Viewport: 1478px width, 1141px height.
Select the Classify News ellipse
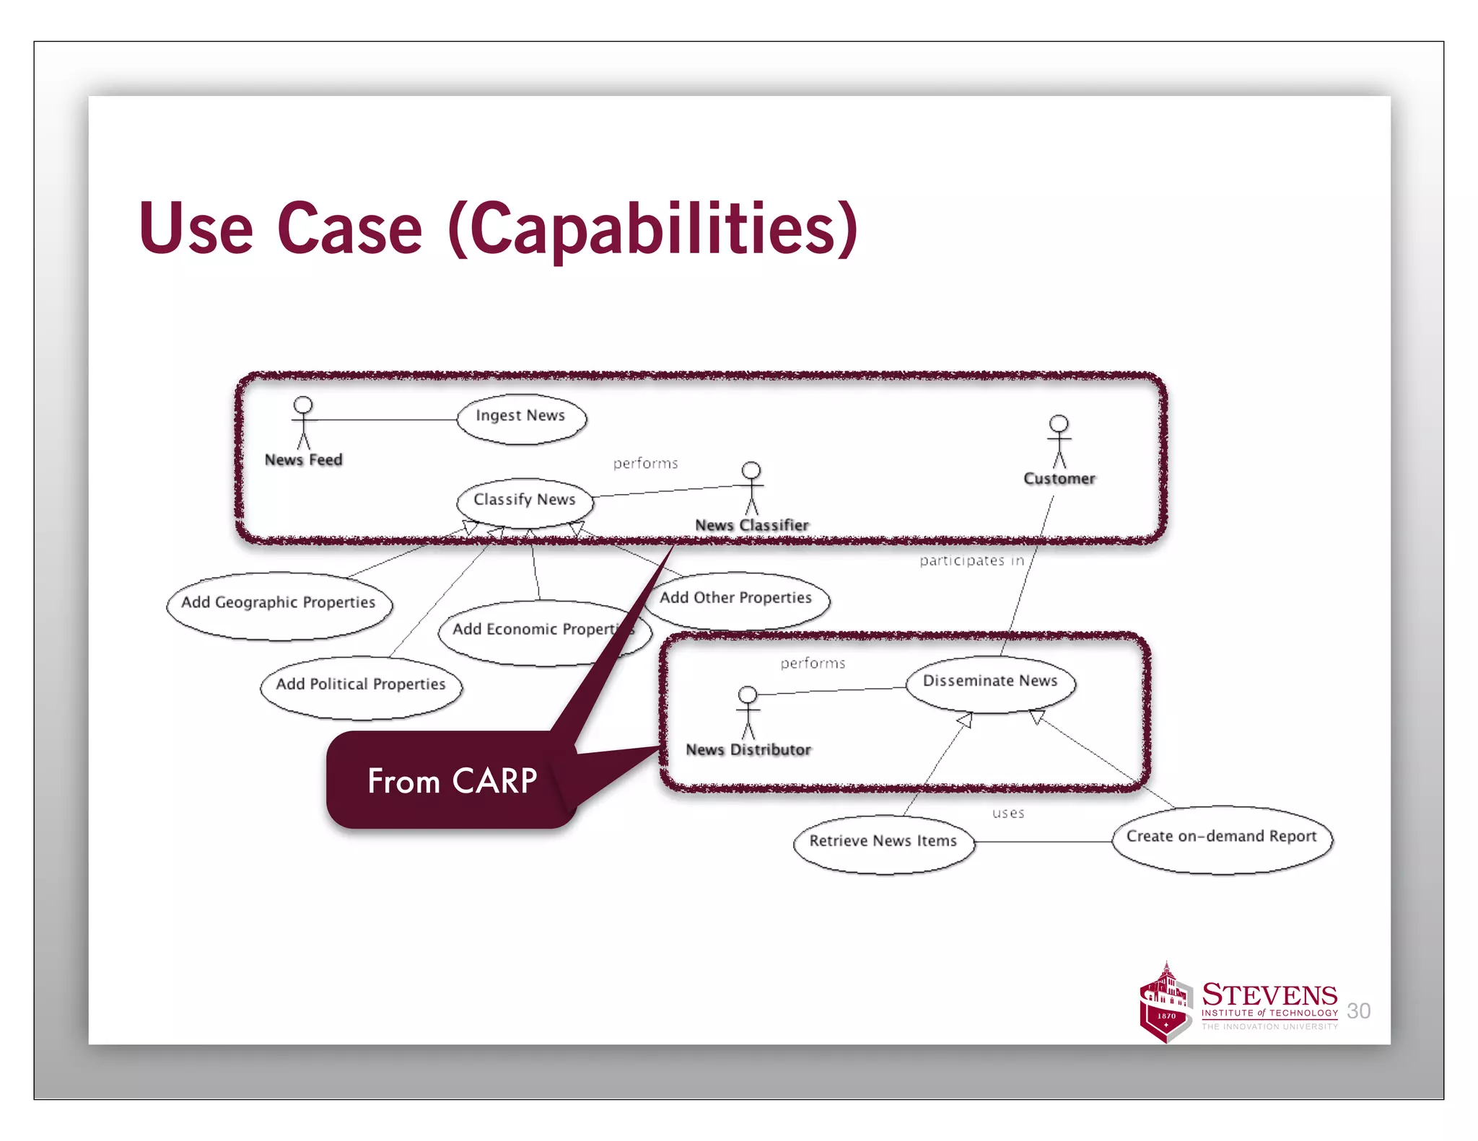[x=525, y=501]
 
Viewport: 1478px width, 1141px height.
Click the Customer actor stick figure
[x=1059, y=441]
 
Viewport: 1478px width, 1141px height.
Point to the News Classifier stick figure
[x=751, y=488]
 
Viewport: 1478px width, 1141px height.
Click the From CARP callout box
[x=451, y=781]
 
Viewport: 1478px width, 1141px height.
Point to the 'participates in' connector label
[x=971, y=560]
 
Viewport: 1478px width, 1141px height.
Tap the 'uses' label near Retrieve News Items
[x=1007, y=814]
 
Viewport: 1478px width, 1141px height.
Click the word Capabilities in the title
[x=652, y=229]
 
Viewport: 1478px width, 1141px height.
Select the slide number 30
[x=1358, y=1010]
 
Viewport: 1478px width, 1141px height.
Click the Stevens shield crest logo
[x=1165, y=1004]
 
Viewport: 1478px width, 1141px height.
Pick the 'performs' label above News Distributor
[x=813, y=663]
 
